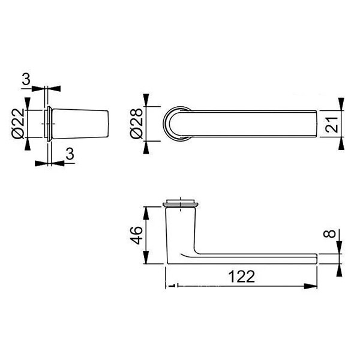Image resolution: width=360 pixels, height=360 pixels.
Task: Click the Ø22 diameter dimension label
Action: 18,124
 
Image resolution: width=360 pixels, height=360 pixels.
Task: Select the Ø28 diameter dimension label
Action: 136,124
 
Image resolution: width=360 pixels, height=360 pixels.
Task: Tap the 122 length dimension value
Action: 242,277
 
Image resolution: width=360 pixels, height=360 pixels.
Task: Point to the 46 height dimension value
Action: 136,235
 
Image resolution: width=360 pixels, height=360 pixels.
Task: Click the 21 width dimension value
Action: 332,125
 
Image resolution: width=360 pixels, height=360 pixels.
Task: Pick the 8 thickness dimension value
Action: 329,234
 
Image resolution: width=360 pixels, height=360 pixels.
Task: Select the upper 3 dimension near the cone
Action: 26,79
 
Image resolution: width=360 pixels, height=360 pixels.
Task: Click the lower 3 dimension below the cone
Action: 70,154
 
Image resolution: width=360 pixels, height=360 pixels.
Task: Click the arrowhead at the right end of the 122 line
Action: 310,286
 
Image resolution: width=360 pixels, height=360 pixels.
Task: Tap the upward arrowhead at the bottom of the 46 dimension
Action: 146,257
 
